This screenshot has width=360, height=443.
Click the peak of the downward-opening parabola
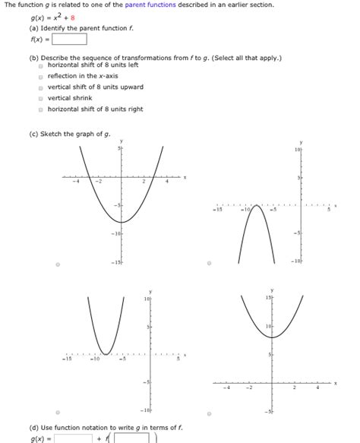click(258, 204)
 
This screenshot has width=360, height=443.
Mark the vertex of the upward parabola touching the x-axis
click(107, 354)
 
